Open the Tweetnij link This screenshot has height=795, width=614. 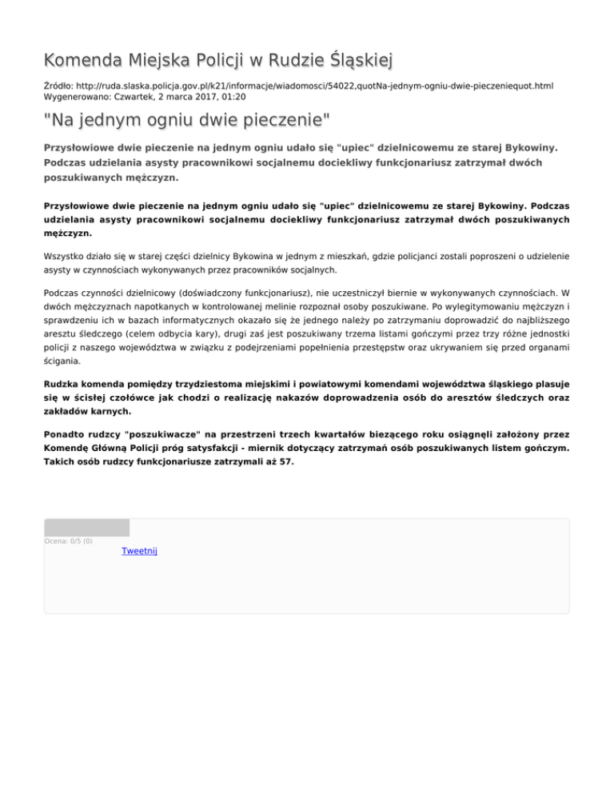[139, 551]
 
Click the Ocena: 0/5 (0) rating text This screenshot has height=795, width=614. [68, 541]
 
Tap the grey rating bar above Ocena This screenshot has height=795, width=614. [86, 527]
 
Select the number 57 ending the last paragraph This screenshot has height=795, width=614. [285, 461]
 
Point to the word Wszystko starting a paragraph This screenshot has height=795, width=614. [66, 258]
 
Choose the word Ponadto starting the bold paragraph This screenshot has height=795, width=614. [66, 433]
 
